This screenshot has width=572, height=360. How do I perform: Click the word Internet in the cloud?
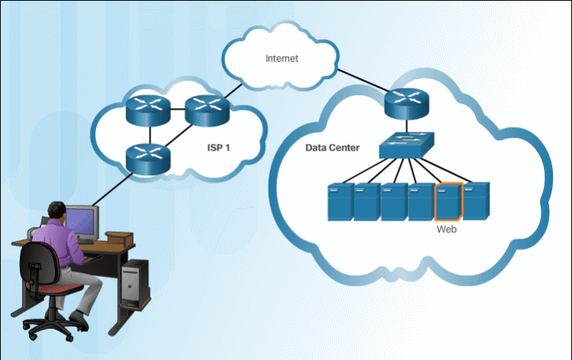(282, 58)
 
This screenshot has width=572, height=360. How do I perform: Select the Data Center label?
(333, 146)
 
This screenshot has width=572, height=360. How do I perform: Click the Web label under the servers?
(446, 228)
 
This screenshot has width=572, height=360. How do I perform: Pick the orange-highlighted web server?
(449, 202)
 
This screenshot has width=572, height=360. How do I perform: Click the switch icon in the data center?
(407, 145)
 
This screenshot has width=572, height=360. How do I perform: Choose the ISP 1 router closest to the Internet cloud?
(207, 111)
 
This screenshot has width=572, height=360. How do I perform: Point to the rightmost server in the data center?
(476, 202)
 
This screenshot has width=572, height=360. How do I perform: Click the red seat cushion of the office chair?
(61, 288)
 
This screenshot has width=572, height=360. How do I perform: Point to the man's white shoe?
(79, 319)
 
